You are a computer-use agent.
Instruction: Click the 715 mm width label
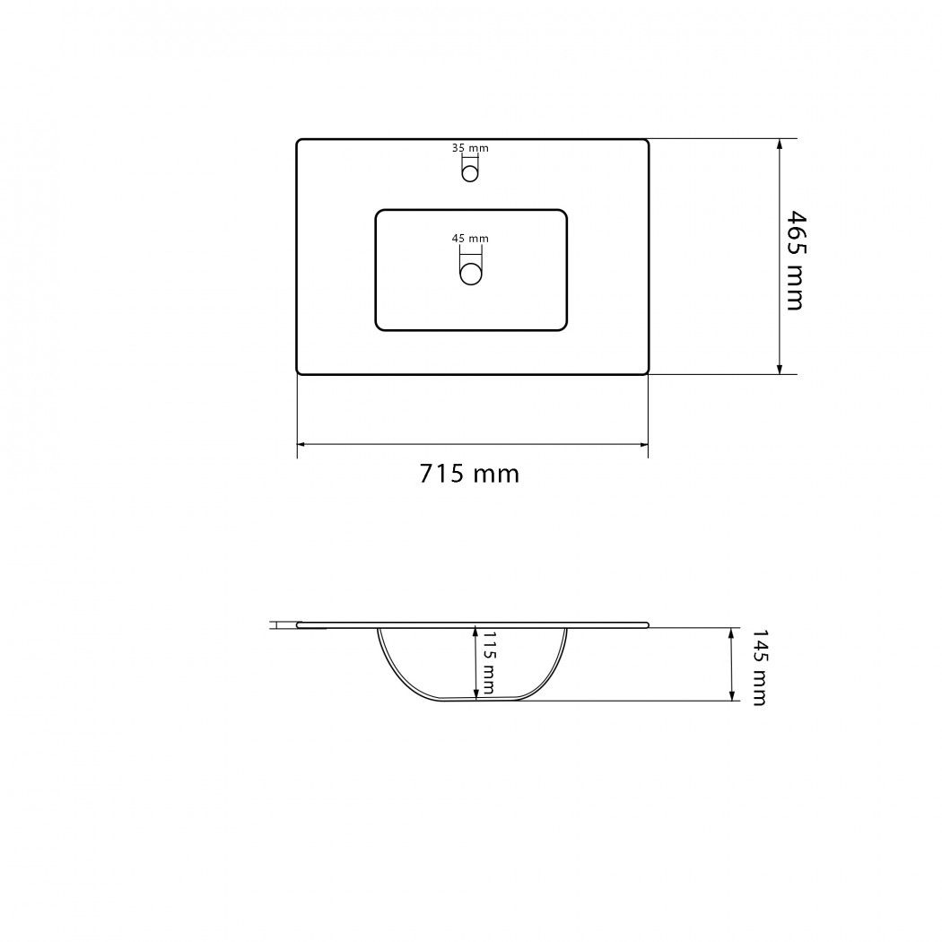tap(469, 474)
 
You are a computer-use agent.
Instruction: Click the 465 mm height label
tap(796, 260)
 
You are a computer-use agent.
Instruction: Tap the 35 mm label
tap(470, 148)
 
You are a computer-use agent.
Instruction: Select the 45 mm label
tap(470, 239)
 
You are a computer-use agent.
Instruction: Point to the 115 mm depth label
tap(489, 663)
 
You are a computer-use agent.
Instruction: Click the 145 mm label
tap(760, 667)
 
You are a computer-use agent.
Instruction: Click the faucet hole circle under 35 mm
tap(470, 174)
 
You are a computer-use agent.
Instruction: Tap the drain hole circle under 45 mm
tap(471, 275)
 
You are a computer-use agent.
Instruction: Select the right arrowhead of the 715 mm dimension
tap(643, 445)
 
